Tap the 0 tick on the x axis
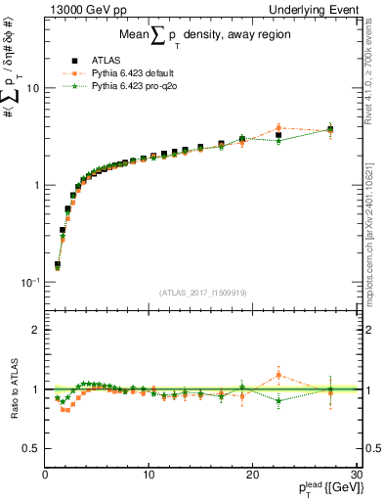[45, 475]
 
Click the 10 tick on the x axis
[149, 475]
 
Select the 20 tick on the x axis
[252, 475]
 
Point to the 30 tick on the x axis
[356, 475]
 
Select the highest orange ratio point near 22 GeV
[278, 375]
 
